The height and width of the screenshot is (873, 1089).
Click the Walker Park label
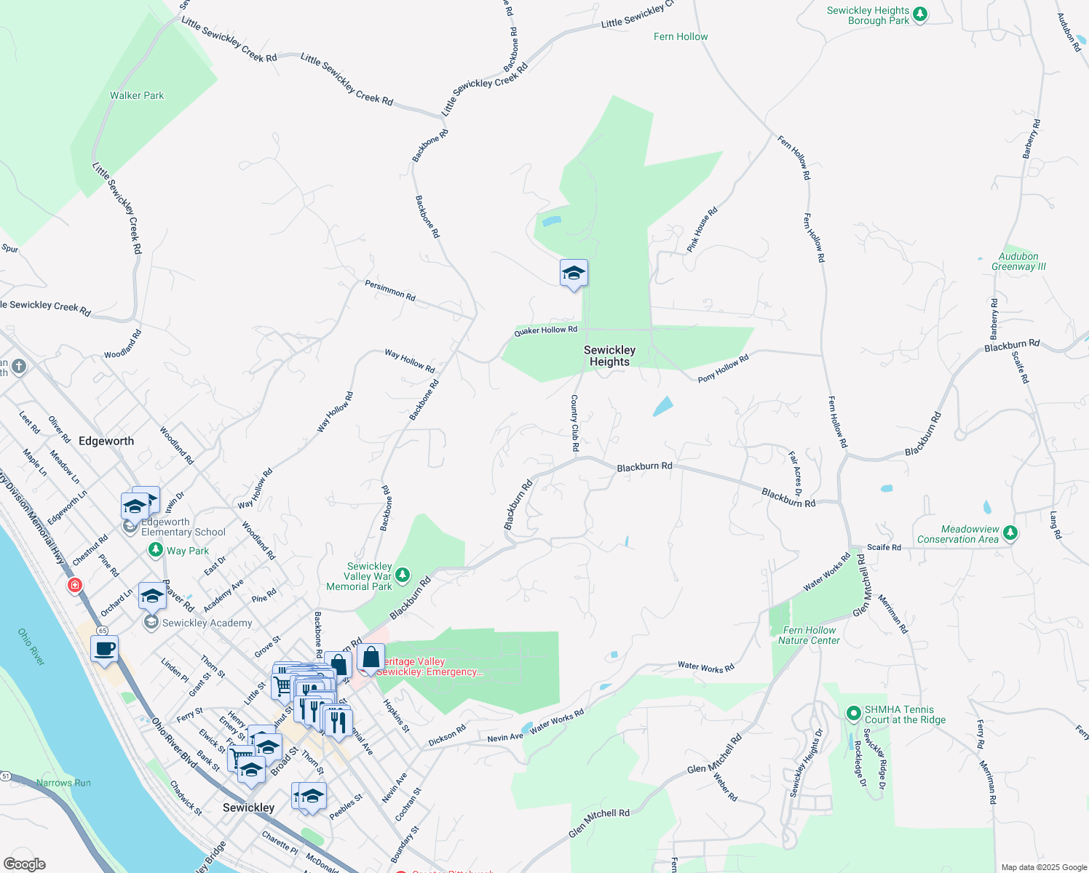(137, 95)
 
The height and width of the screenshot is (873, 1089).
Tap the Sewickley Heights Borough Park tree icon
(920, 15)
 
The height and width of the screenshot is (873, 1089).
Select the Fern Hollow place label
(680, 36)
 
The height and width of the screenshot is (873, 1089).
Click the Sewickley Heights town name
(609, 356)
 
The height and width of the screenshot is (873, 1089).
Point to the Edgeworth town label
(106, 441)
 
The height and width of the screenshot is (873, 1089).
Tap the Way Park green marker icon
(155, 550)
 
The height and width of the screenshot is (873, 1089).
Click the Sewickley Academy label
(207, 623)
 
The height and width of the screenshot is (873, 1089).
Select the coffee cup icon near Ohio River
(105, 647)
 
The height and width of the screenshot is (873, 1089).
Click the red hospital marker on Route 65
(74, 585)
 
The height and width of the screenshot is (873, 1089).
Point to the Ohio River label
(31, 647)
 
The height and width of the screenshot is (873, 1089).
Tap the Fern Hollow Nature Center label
(809, 635)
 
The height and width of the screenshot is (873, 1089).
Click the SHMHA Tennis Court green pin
(854, 714)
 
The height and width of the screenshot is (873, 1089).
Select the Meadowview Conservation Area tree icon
(1010, 533)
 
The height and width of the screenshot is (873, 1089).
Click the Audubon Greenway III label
(1018, 261)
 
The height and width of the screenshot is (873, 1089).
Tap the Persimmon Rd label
(390, 291)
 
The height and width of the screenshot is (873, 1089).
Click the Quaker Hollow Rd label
(545, 330)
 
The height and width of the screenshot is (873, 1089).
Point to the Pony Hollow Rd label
(723, 368)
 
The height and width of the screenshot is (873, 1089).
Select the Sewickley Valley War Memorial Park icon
(402, 575)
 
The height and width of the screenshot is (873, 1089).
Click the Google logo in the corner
(25, 864)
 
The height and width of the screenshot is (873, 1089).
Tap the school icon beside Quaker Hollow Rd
(574, 274)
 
